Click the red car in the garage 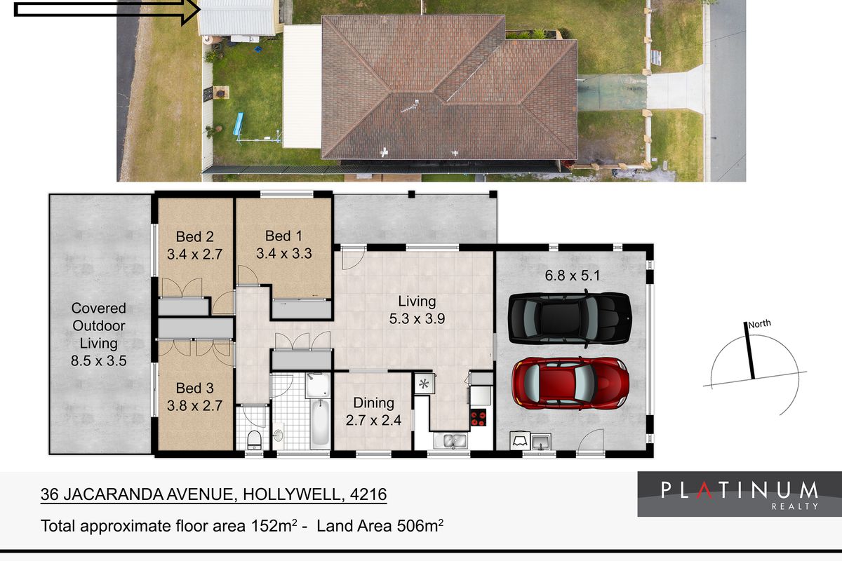click(570, 382)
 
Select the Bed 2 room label click(194, 246)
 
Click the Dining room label click(373, 412)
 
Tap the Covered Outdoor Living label click(99, 334)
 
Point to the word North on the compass click(759, 324)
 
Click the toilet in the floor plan click(255, 440)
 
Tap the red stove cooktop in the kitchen click(479, 418)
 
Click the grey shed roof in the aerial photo click(237, 18)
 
